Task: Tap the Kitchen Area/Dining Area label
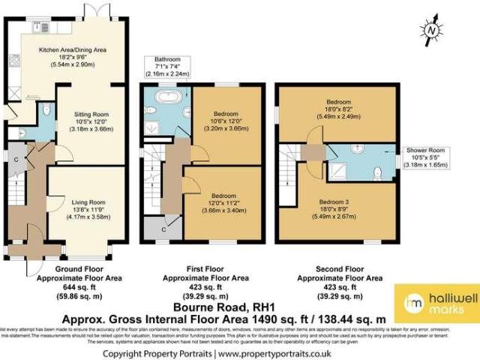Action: click(x=73, y=50)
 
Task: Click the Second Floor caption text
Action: click(x=335, y=268)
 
